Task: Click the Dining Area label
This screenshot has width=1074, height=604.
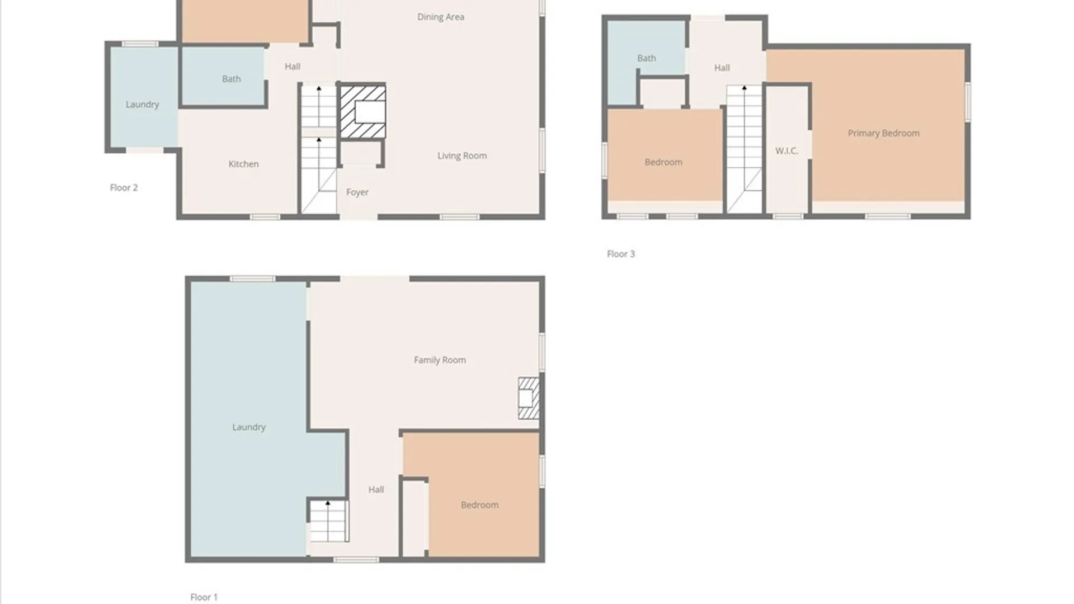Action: (x=441, y=17)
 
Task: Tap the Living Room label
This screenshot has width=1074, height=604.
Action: (x=462, y=155)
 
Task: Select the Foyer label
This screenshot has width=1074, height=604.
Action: (x=357, y=192)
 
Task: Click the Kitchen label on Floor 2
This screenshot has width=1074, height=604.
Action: (x=243, y=164)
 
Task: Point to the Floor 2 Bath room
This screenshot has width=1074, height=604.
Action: (x=223, y=77)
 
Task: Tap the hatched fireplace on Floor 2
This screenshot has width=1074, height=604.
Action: (x=362, y=111)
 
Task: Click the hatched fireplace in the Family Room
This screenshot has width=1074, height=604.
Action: (x=529, y=398)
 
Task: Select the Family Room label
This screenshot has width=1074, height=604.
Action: (x=440, y=360)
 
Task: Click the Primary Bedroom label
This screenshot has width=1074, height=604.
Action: (x=884, y=133)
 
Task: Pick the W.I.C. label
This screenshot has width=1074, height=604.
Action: (x=786, y=151)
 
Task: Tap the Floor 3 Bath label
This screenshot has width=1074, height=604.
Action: (x=647, y=58)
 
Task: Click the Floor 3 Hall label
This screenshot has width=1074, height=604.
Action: (x=722, y=68)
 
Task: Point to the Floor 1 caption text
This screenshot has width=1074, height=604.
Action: (x=204, y=597)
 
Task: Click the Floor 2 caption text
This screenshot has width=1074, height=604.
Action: (x=124, y=188)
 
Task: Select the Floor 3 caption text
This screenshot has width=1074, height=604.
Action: (x=621, y=254)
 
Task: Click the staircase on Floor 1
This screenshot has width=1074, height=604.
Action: (x=329, y=521)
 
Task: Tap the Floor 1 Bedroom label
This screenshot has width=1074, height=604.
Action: (x=480, y=505)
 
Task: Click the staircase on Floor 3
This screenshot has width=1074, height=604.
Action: (x=745, y=149)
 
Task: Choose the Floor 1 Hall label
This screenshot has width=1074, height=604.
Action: (x=376, y=490)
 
